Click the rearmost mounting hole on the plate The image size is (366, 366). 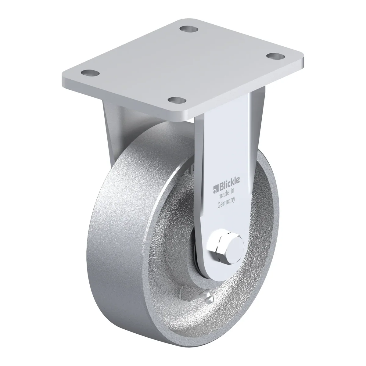pos(189,29)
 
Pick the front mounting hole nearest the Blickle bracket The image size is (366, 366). pos(177,100)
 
